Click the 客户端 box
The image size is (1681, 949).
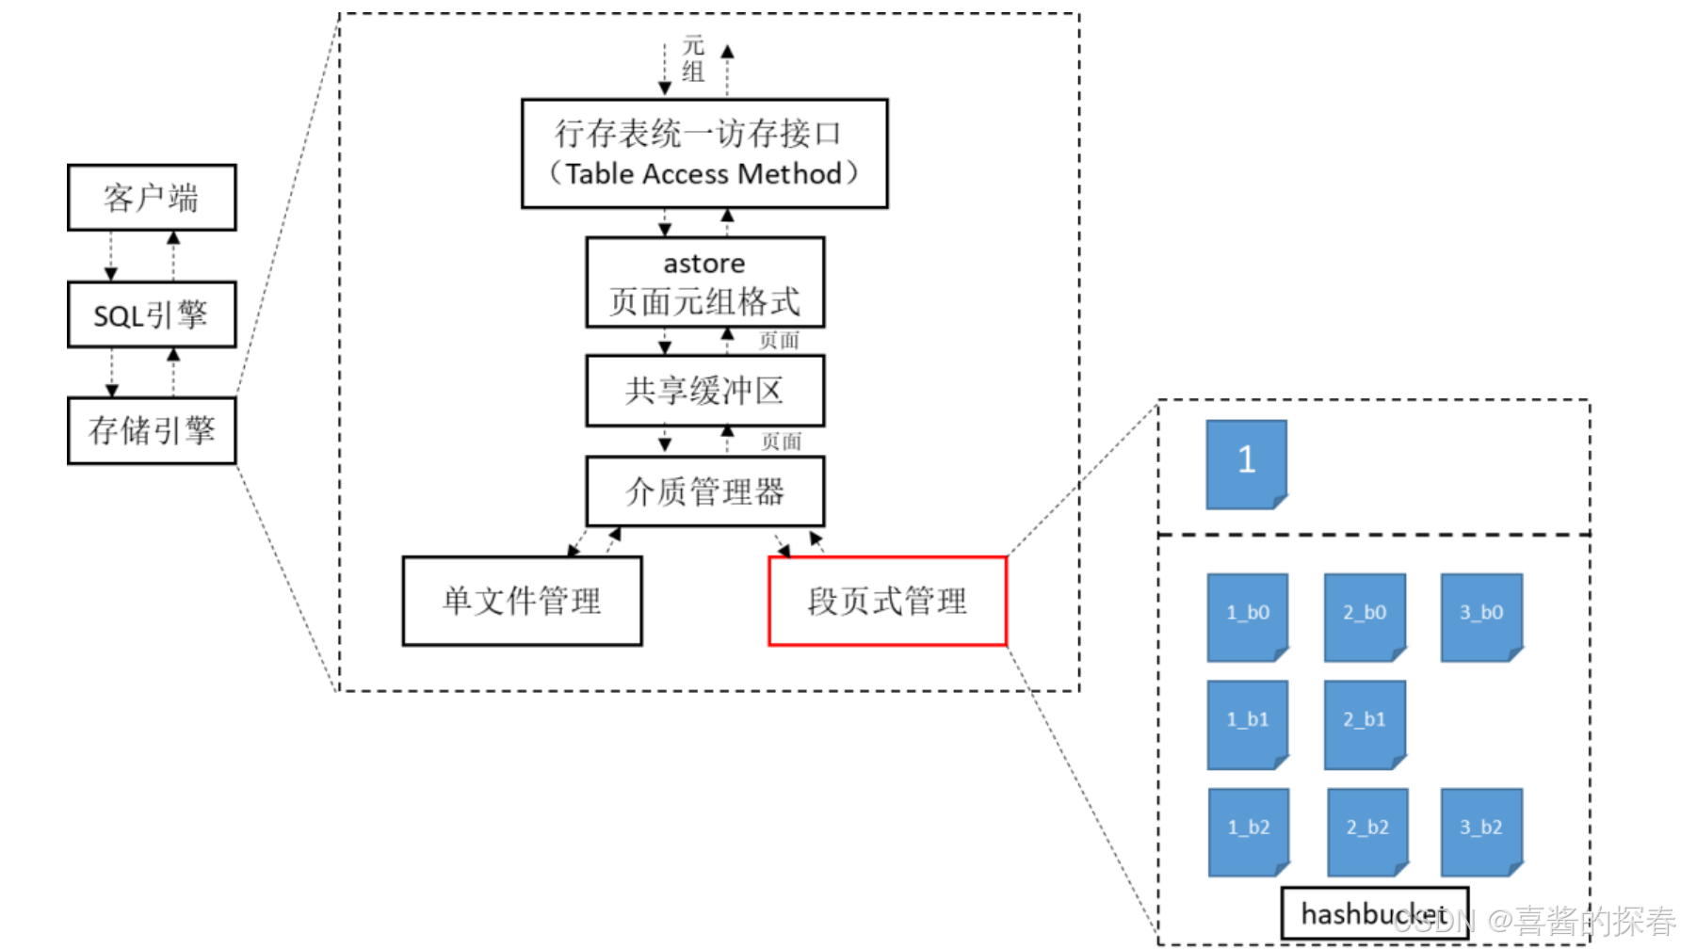tap(152, 198)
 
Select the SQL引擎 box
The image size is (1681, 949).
tap(152, 314)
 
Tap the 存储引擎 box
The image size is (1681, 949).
tap(152, 430)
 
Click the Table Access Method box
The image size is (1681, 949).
tap(704, 153)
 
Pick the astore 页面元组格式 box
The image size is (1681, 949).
tap(704, 282)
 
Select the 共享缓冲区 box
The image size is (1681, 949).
tap(704, 391)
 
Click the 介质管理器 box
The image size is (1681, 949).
tap(704, 491)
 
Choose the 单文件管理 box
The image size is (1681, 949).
tap(522, 601)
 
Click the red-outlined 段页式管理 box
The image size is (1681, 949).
tap(887, 601)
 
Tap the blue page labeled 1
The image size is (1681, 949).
tap(1246, 463)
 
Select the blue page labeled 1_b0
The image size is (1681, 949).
tap(1248, 617)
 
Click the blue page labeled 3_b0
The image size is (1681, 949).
tap(1481, 617)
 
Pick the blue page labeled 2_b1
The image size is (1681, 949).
tap(1365, 724)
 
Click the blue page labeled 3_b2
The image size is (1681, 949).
tap(1481, 831)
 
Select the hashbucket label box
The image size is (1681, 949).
tap(1374, 913)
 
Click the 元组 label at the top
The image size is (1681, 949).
tap(694, 58)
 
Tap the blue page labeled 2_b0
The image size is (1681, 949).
tap(1365, 617)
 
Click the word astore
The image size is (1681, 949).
tap(704, 264)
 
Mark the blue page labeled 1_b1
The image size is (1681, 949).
tap(1248, 724)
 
